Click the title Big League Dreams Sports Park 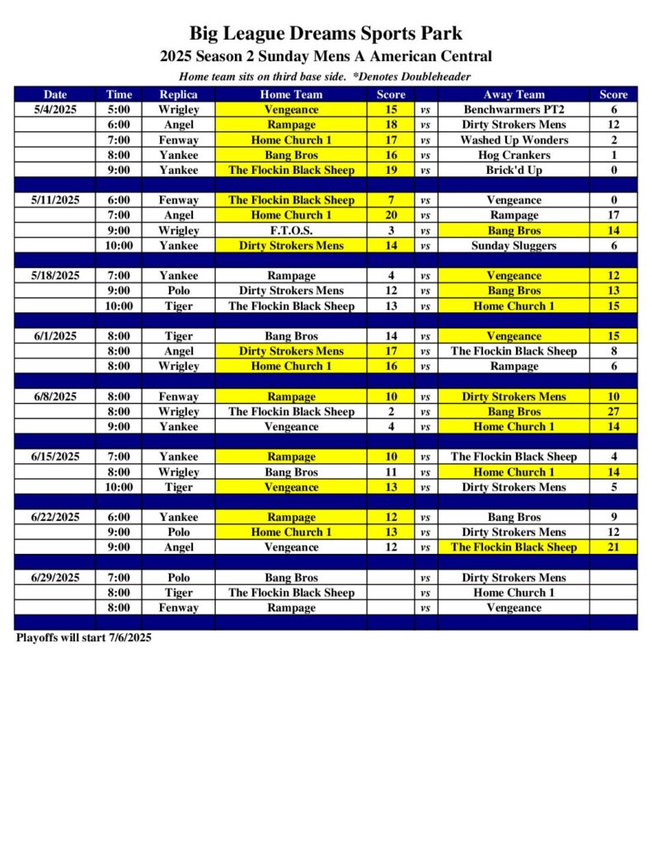coord(326,34)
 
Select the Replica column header coord(178,94)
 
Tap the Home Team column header coord(291,94)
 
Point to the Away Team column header coord(514,94)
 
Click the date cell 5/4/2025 coord(55,109)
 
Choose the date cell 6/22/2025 coord(55,517)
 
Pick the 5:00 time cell coord(119,109)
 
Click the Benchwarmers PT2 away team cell coord(514,109)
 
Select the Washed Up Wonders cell coord(514,139)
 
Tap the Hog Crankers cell coord(514,154)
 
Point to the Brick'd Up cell coord(514,170)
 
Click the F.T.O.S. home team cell coord(291,230)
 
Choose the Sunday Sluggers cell coord(514,245)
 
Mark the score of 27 coord(613,411)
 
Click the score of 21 coord(613,546)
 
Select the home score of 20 coord(391,215)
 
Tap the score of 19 coord(391,170)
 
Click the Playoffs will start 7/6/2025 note coord(83,637)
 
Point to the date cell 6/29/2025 coord(55,577)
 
